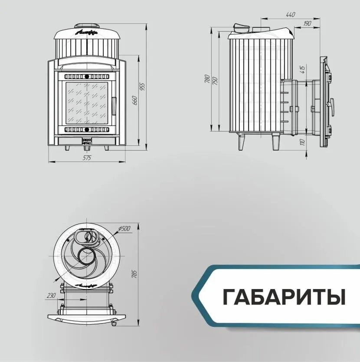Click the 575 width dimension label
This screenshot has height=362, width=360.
click(87, 158)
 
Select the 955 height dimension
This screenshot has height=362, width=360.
click(142, 86)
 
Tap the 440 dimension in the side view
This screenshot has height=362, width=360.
click(291, 15)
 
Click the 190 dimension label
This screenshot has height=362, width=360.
click(308, 23)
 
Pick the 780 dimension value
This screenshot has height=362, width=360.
click(207, 79)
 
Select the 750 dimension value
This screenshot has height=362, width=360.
click(215, 80)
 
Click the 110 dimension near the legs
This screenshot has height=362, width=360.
click(302, 142)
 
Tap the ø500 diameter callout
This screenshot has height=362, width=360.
click(124, 229)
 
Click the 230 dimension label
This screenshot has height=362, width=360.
click(52, 295)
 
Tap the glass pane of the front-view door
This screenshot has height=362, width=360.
click(86, 102)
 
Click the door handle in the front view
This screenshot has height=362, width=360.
click(114, 104)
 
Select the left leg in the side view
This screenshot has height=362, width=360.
click(241, 142)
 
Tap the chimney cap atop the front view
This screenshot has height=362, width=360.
click(86, 26)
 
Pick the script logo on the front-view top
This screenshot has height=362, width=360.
click(86, 32)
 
